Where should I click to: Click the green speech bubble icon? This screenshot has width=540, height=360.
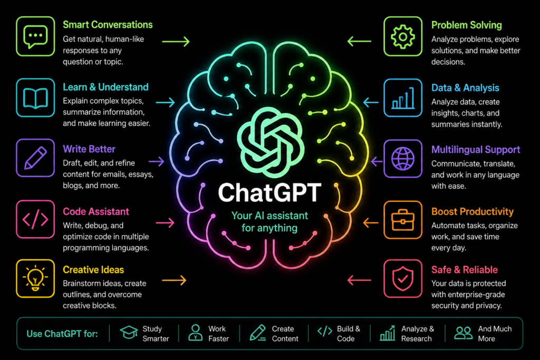35,36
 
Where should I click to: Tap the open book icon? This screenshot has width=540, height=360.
35,98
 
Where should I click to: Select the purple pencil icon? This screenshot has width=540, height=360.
35,158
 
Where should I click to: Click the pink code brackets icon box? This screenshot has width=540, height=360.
35,219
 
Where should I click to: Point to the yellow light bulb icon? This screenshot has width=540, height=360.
35,278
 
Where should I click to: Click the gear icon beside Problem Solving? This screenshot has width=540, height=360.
402,36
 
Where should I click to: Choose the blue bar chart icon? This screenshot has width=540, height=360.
402,98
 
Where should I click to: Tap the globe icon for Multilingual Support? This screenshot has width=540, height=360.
402,159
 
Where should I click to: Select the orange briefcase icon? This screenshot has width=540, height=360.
402,220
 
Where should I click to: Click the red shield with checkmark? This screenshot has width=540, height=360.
402,279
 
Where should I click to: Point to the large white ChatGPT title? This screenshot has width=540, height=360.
269,193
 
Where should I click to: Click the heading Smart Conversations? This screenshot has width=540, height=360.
108,25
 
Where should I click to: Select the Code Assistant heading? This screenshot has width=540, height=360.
96,211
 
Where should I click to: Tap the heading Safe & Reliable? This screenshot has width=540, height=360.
465,270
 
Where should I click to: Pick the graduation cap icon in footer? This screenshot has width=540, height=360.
129,333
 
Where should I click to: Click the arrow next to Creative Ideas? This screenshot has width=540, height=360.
174,280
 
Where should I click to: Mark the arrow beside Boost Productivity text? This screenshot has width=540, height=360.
371,222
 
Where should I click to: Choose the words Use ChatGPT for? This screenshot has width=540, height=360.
62,334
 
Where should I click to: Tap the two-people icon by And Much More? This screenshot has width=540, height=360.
463,333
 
